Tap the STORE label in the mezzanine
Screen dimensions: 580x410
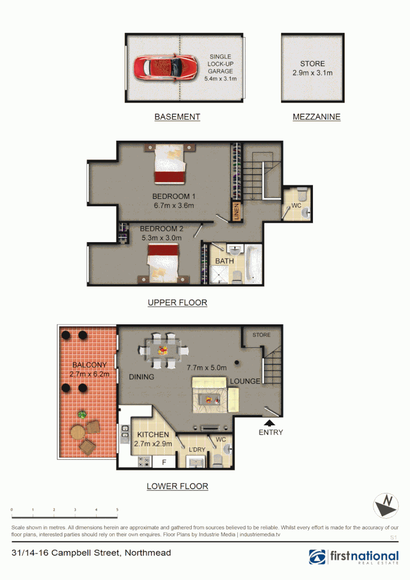(312, 63)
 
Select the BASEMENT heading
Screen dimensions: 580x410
(177, 117)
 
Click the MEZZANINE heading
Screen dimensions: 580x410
(316, 117)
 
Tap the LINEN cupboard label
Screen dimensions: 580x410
(236, 211)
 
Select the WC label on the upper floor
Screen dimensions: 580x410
(296, 206)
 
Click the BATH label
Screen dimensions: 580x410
(224, 261)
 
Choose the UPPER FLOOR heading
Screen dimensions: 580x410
(177, 303)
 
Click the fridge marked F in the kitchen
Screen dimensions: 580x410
(164, 461)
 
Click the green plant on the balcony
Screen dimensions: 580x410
(82, 414)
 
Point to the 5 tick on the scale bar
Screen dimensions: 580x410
(117, 510)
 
